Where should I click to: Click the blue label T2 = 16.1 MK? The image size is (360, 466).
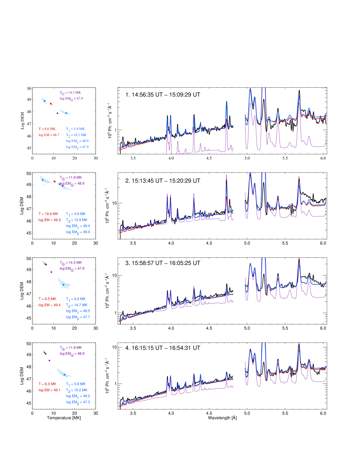tap(76, 135)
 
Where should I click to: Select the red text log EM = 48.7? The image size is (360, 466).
tap(49, 135)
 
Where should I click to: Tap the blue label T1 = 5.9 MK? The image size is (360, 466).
tap(75, 129)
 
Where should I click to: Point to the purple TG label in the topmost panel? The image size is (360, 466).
tap(70, 93)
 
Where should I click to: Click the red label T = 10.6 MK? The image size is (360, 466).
tap(48, 214)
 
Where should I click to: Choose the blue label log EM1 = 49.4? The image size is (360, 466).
tap(78, 226)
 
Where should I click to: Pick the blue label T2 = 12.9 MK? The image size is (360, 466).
tap(77, 220)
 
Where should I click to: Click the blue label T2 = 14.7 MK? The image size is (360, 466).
tap(77, 305)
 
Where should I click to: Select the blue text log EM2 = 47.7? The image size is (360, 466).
tap(78, 317)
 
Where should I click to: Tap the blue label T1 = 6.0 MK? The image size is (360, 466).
tap(75, 299)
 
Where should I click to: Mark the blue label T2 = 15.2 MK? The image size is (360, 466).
tap(77, 390)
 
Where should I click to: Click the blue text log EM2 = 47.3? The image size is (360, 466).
tap(78, 402)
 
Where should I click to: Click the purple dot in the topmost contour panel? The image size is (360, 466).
tap(57, 113)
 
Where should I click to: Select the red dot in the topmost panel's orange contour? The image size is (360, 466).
tap(51, 104)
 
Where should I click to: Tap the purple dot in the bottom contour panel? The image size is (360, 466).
tap(49, 360)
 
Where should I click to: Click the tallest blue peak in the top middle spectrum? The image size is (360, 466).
tap(226, 103)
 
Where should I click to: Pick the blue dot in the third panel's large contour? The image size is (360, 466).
tap(64, 284)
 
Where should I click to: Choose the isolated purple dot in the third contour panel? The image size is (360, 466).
tap(51, 272)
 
